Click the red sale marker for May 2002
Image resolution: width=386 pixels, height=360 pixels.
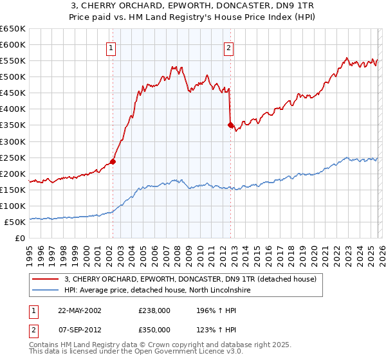click(113, 161)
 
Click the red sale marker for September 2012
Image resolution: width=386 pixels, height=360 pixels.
click(230, 125)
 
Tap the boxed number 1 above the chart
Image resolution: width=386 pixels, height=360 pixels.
click(111, 47)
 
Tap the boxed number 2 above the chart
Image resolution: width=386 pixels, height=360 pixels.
click(228, 47)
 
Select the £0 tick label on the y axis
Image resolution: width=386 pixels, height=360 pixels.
click(20, 238)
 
